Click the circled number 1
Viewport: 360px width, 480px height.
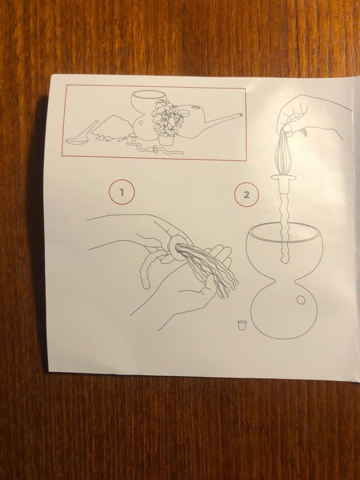(122, 192)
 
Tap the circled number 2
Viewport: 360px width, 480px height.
(246, 194)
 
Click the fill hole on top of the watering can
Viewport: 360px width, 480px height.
(194, 107)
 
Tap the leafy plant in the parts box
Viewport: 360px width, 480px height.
(166, 118)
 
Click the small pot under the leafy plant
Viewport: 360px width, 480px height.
(166, 140)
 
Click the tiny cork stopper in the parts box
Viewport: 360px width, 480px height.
(133, 138)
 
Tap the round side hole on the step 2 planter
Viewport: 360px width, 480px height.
(301, 300)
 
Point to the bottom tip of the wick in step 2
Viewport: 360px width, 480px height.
(284, 262)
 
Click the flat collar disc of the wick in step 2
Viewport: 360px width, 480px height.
(284, 178)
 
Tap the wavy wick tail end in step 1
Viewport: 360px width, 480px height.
(146, 286)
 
